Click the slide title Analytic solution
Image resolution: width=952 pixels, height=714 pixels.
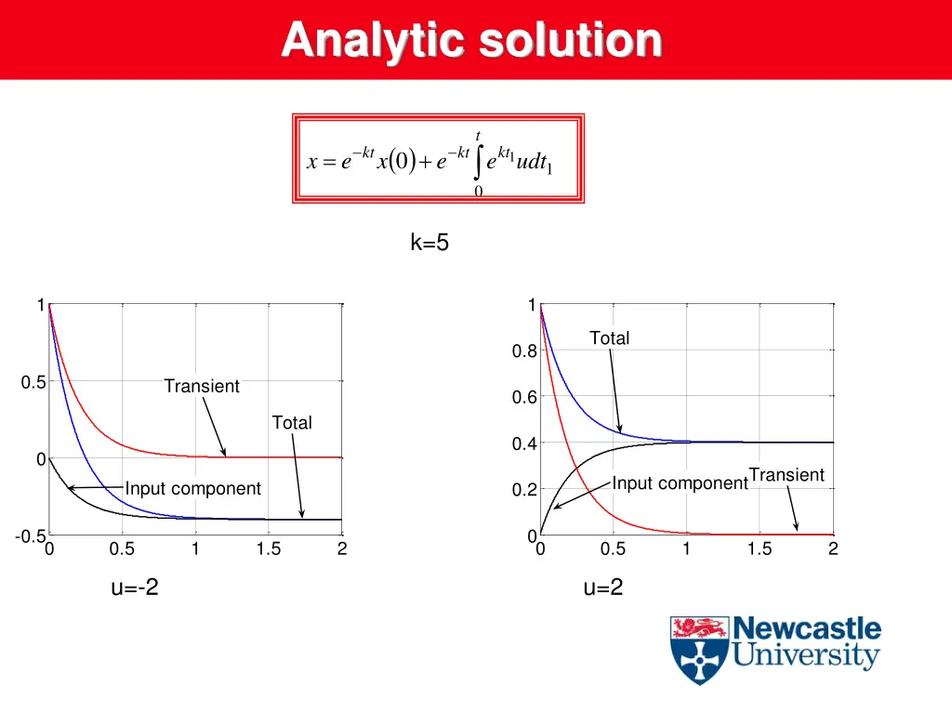click(x=472, y=40)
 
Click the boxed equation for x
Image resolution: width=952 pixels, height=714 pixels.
click(x=438, y=159)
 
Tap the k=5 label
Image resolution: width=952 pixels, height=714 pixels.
click(x=430, y=244)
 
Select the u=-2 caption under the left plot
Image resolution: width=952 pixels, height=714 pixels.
click(x=135, y=588)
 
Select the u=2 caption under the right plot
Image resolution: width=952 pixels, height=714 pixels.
click(x=602, y=588)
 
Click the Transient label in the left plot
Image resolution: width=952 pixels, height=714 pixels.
click(x=202, y=386)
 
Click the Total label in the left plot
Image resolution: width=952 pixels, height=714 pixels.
click(x=292, y=423)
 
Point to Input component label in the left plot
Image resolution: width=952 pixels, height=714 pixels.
click(x=193, y=489)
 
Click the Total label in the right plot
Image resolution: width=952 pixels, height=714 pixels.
click(x=609, y=338)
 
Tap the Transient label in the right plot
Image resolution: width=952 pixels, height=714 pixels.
click(x=787, y=475)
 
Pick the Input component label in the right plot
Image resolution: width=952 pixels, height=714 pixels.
click(x=680, y=483)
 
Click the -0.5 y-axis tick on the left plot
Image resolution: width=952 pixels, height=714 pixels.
click(x=30, y=537)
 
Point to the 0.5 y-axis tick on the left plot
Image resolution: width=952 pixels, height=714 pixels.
click(x=33, y=382)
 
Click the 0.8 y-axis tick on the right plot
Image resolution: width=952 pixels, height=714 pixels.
click(x=523, y=351)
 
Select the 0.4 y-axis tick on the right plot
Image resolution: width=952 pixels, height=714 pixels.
click(x=523, y=444)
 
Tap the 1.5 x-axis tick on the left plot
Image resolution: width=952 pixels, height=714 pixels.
click(x=269, y=549)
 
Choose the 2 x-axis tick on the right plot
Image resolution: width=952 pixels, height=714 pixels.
click(x=833, y=549)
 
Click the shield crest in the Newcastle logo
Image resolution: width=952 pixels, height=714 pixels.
click(x=699, y=649)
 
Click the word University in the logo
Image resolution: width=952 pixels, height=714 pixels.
click(x=805, y=656)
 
